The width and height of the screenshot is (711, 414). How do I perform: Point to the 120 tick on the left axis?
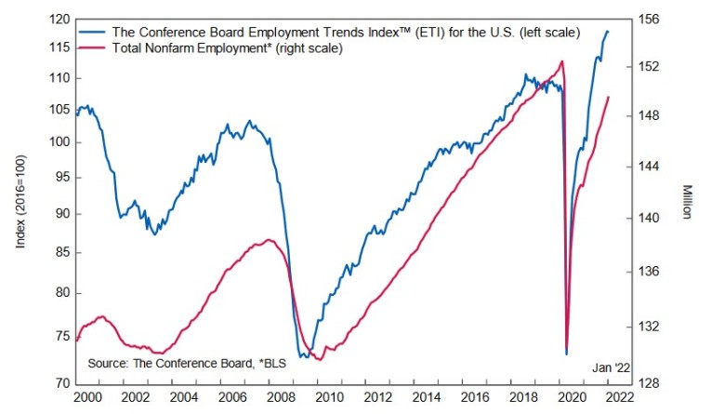pos(58,20)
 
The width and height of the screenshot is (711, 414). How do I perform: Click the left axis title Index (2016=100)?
pos(20,201)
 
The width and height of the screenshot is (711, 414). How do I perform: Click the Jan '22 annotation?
pos(610,368)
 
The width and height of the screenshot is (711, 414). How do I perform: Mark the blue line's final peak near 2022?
pos(608,32)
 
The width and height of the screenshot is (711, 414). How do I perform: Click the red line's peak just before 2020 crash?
pos(562,61)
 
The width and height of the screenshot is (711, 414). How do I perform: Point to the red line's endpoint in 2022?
pos(609,97)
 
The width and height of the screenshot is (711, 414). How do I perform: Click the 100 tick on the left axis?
pos(58,142)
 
